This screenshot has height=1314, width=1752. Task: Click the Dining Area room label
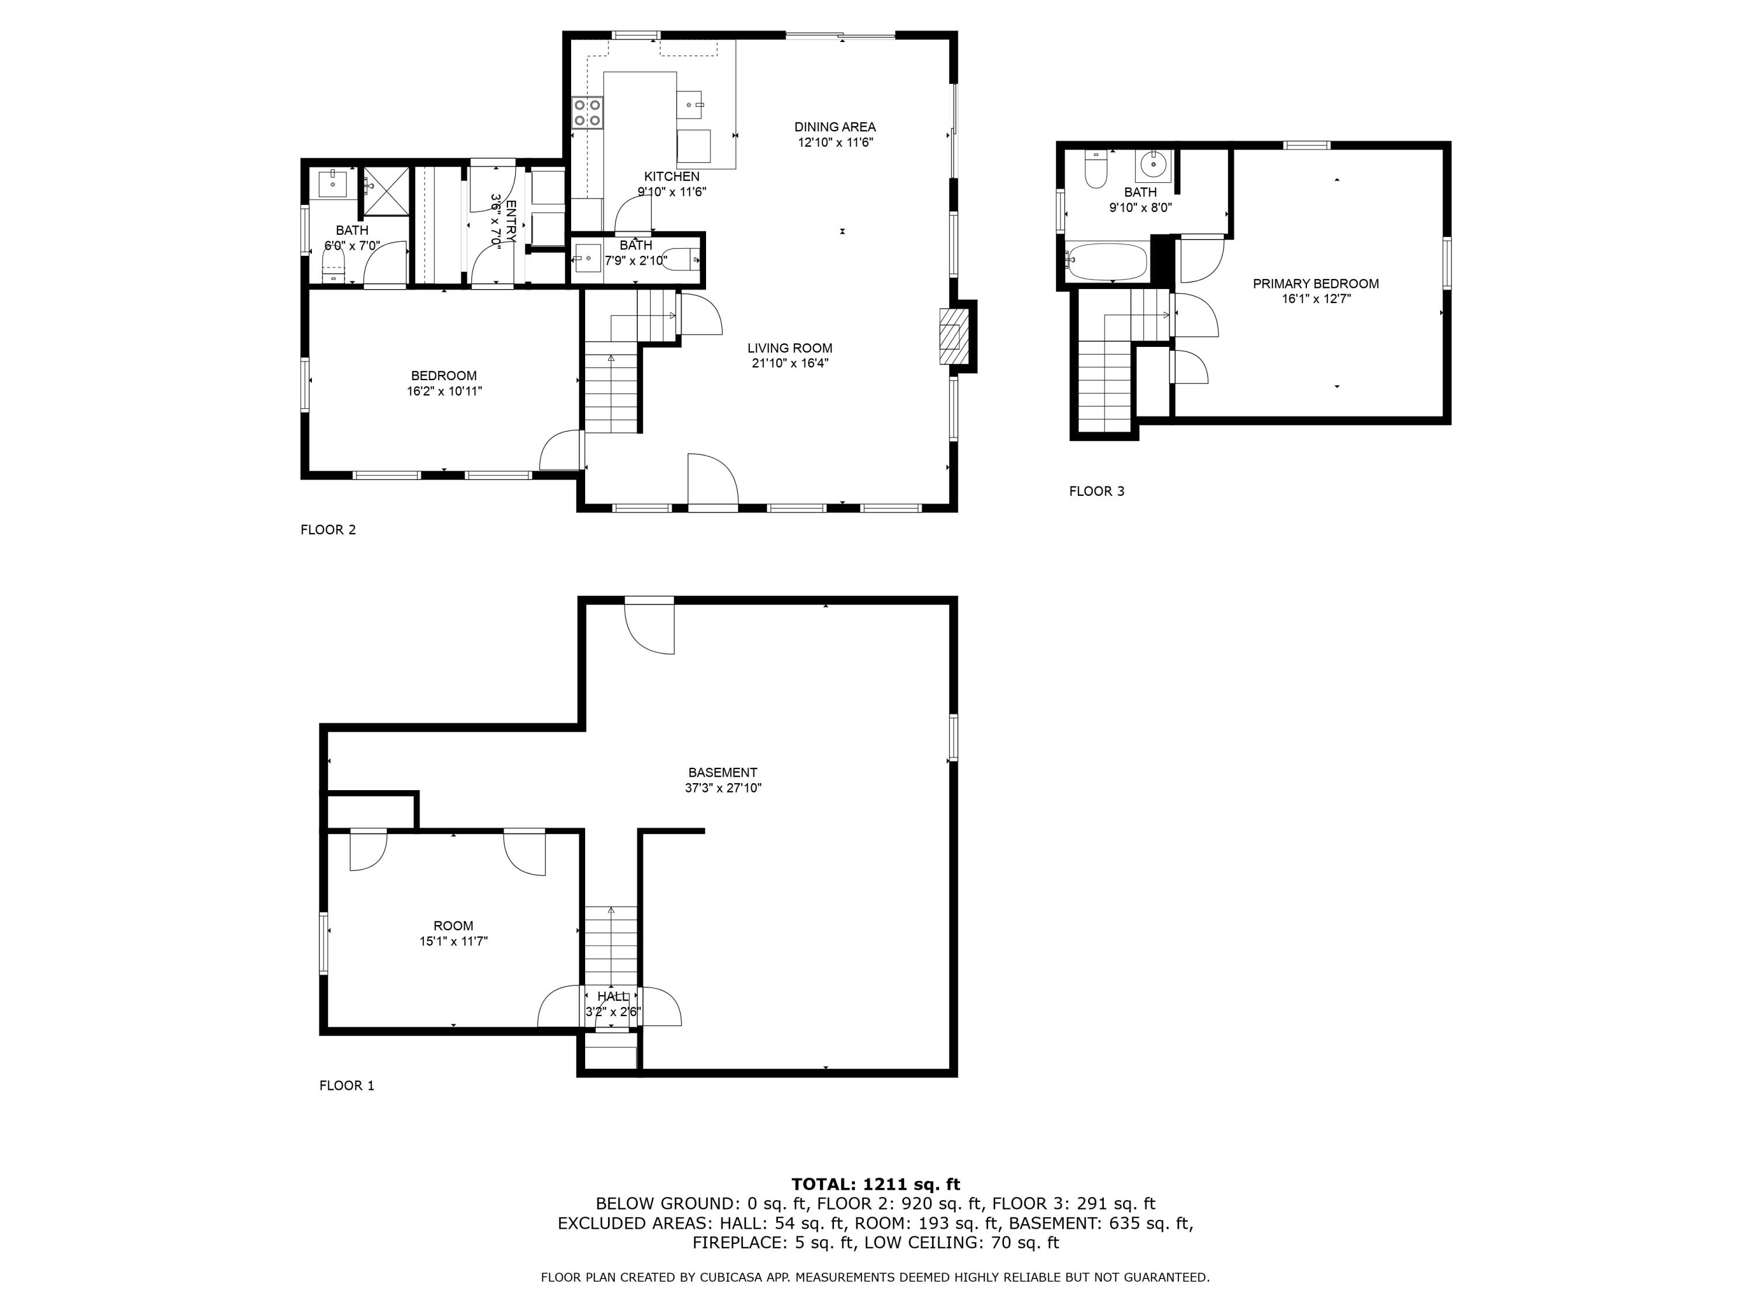[835, 127]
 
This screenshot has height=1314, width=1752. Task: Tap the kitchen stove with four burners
[588, 113]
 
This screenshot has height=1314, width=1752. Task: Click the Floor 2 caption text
[328, 530]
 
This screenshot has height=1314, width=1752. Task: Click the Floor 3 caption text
[1096, 491]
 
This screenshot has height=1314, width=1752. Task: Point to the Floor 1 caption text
[346, 1086]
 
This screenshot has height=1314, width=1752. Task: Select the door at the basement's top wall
[649, 625]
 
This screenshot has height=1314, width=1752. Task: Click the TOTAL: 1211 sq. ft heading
[875, 1184]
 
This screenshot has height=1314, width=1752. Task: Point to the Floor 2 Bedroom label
[443, 376]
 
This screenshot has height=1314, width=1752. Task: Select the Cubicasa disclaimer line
[875, 1277]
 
